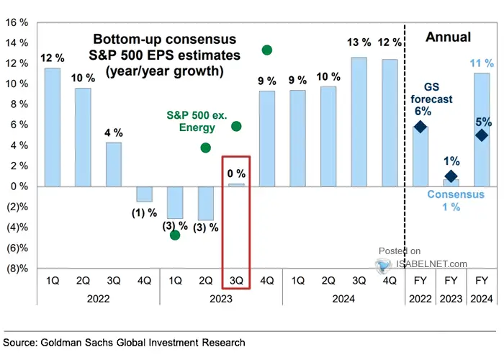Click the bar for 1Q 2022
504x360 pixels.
pos(52,127)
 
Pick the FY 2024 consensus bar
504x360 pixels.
pos(482,130)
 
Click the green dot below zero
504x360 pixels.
pos(175,235)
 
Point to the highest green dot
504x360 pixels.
pos(266,50)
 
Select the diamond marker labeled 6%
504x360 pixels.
pos(420,127)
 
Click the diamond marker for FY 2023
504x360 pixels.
pos(451,176)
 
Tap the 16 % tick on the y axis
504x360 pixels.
pos(16,22)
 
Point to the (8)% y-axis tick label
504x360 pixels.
pos(15,269)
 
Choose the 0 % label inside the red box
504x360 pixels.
pos(236,174)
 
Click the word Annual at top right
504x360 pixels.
pos(448,37)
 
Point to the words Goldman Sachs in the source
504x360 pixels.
pos(86,343)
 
